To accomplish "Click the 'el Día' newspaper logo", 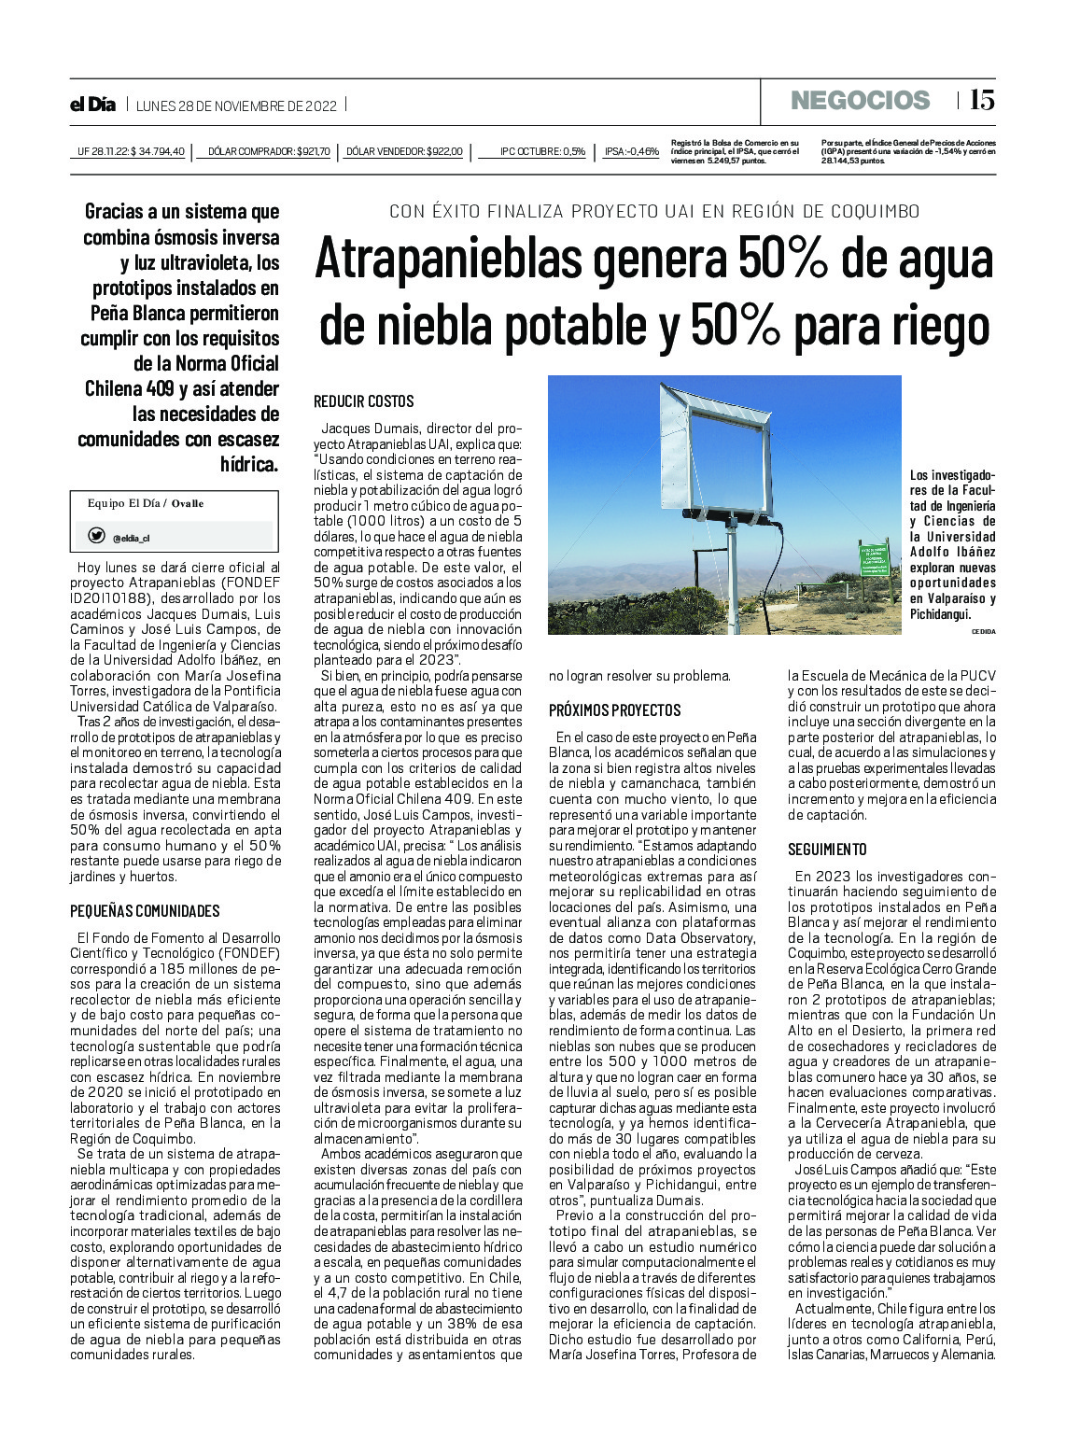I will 93,105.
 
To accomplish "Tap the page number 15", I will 981,100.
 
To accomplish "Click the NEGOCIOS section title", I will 860,101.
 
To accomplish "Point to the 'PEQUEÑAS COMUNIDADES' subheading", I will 145,911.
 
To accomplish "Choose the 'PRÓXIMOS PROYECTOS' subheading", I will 614,710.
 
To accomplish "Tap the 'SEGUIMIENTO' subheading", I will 827,850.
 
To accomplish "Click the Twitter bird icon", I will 96,536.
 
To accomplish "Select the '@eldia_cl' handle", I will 131,539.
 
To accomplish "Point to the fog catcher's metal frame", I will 715,439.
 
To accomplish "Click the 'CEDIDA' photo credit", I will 983,632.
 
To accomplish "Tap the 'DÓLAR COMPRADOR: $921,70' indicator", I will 269,151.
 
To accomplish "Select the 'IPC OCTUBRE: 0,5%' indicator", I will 542,151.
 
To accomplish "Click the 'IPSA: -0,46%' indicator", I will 632,151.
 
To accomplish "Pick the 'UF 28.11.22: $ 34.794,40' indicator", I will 131,151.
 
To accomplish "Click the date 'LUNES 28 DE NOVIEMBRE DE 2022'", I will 236,105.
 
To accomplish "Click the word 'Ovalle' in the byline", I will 188,504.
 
